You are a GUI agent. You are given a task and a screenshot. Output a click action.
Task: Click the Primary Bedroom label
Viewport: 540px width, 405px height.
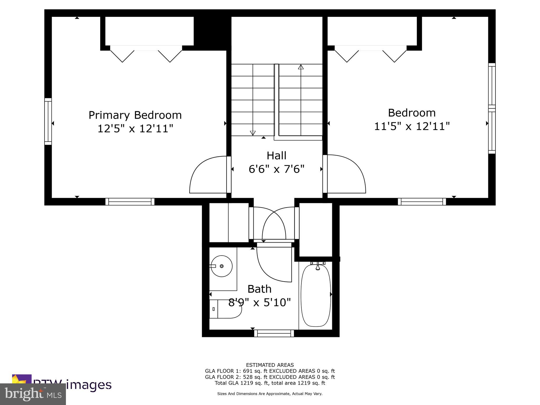[x=135, y=115]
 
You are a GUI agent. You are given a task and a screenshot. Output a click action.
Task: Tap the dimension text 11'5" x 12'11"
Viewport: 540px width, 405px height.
[x=412, y=126]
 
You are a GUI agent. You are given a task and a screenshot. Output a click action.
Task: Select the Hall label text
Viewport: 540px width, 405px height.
[x=276, y=156]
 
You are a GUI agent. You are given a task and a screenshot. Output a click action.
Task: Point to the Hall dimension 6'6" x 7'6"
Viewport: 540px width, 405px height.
[x=276, y=169]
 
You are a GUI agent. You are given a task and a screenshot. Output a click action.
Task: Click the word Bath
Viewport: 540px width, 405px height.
[x=259, y=289]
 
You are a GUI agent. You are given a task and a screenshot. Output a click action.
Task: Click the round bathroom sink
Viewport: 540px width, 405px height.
[x=221, y=266]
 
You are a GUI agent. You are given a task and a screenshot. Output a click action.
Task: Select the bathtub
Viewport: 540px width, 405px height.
[x=316, y=295]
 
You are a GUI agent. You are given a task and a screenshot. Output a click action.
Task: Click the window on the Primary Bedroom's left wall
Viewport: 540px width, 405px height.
[x=48, y=121]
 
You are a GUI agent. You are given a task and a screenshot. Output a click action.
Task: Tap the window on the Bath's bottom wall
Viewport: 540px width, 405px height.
[x=274, y=333]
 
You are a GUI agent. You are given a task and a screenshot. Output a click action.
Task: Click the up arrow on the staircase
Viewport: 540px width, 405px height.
[x=301, y=67]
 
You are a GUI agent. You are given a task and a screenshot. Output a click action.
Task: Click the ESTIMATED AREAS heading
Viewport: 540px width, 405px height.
[x=270, y=365]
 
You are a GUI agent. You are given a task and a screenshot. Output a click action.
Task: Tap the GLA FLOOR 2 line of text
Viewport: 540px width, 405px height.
[x=270, y=377]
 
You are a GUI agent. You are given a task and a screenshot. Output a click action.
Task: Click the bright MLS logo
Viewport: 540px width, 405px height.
[x=33, y=394]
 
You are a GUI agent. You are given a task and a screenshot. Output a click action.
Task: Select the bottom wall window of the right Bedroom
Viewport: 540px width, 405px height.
[x=422, y=201]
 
